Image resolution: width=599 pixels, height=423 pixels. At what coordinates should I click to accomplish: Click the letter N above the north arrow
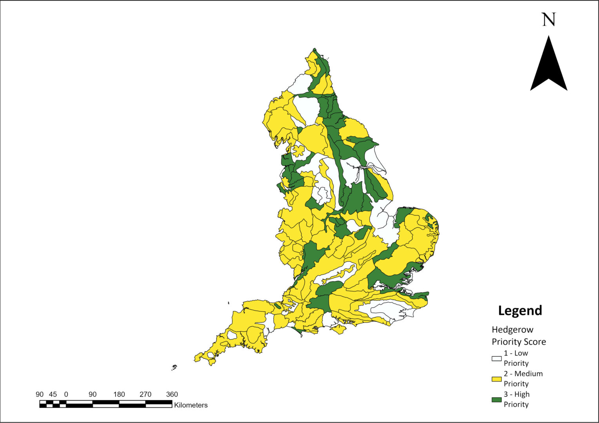coord(549,20)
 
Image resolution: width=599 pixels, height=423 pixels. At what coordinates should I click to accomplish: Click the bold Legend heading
coord(520,310)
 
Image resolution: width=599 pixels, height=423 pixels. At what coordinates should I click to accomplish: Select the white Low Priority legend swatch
coord(496,358)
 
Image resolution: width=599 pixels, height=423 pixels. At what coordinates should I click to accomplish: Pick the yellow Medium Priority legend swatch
coord(496,379)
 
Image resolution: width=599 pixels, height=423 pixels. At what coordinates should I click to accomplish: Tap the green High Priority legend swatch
coord(496,400)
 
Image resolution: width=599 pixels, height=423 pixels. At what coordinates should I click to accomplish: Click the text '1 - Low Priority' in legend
coord(516,358)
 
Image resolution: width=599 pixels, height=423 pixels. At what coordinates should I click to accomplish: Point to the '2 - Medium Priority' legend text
coord(523,379)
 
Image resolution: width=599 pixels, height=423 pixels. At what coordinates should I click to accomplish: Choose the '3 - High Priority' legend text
coord(516,399)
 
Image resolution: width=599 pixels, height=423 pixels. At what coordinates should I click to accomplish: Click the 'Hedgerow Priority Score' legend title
coord(519,336)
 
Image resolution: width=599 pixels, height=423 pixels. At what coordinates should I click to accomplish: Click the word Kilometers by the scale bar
coord(191,405)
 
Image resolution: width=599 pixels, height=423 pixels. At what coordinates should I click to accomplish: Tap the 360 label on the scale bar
coord(172,394)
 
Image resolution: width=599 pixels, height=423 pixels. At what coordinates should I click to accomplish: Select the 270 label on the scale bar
coord(145,394)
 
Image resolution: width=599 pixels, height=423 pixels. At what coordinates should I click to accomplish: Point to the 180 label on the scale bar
coord(119,394)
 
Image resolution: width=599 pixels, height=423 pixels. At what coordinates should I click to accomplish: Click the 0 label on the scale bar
coord(66,394)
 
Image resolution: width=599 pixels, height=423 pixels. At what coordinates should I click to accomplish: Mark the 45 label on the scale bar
coord(53,394)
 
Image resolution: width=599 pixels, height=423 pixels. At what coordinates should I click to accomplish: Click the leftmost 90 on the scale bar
coord(40,394)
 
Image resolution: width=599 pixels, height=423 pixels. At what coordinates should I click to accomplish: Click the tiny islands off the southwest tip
coord(174,367)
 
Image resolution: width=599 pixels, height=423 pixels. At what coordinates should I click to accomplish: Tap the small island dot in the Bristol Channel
coord(228,302)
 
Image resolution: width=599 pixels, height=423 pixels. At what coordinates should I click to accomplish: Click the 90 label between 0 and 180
coord(93,394)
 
